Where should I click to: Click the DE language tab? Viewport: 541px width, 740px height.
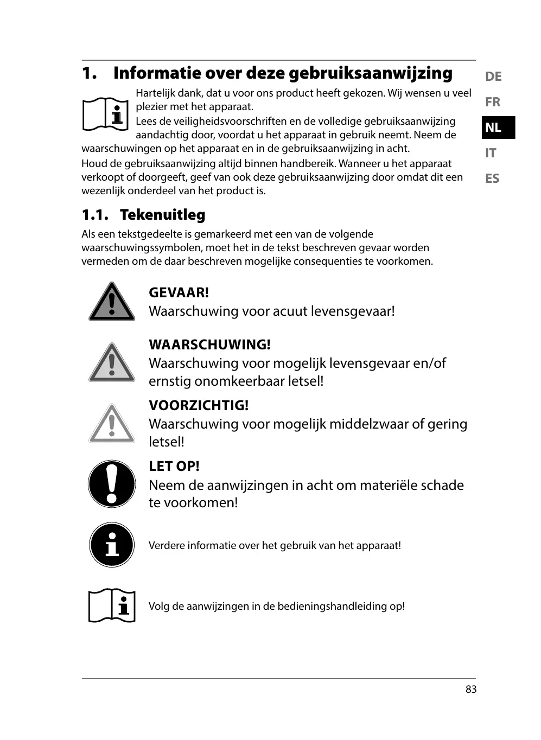pyautogui.click(x=493, y=76)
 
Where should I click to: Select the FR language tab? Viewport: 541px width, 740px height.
pyautogui.click(x=492, y=102)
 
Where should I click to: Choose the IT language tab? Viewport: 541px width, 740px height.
pyautogui.click(x=491, y=153)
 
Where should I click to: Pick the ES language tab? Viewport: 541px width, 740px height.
pyautogui.click(x=492, y=178)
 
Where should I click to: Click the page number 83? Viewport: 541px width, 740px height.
pyautogui.click(x=470, y=689)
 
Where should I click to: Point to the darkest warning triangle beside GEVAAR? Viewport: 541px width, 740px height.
pyautogui.click(x=112, y=303)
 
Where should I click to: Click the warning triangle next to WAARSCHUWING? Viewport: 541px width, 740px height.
pyautogui.click(x=112, y=363)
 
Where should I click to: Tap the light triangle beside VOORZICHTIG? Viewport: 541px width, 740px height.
pyautogui.click(x=112, y=424)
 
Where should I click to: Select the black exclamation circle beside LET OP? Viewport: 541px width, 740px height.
pyautogui.click(x=112, y=484)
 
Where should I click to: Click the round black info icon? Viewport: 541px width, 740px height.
pyautogui.click(x=112, y=545)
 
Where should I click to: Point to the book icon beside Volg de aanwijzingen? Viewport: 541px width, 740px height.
pyautogui.click(x=112, y=605)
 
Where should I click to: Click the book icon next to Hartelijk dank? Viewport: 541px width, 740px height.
pyautogui.click(x=106, y=114)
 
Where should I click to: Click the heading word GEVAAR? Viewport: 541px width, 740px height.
pyautogui.click(x=179, y=292)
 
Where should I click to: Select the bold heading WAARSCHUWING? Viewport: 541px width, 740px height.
pyautogui.click(x=209, y=345)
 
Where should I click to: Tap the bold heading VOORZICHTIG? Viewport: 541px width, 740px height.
pyautogui.click(x=199, y=405)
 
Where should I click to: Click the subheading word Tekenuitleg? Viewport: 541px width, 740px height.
pyautogui.click(x=162, y=215)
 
